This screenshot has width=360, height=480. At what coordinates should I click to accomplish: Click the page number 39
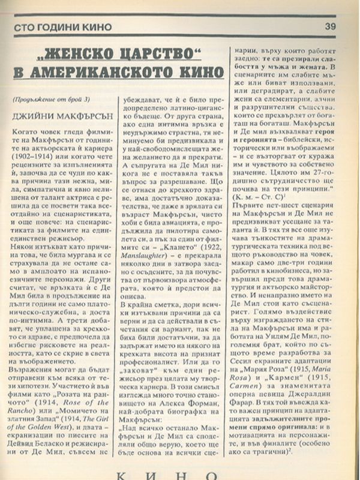coord(330,25)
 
